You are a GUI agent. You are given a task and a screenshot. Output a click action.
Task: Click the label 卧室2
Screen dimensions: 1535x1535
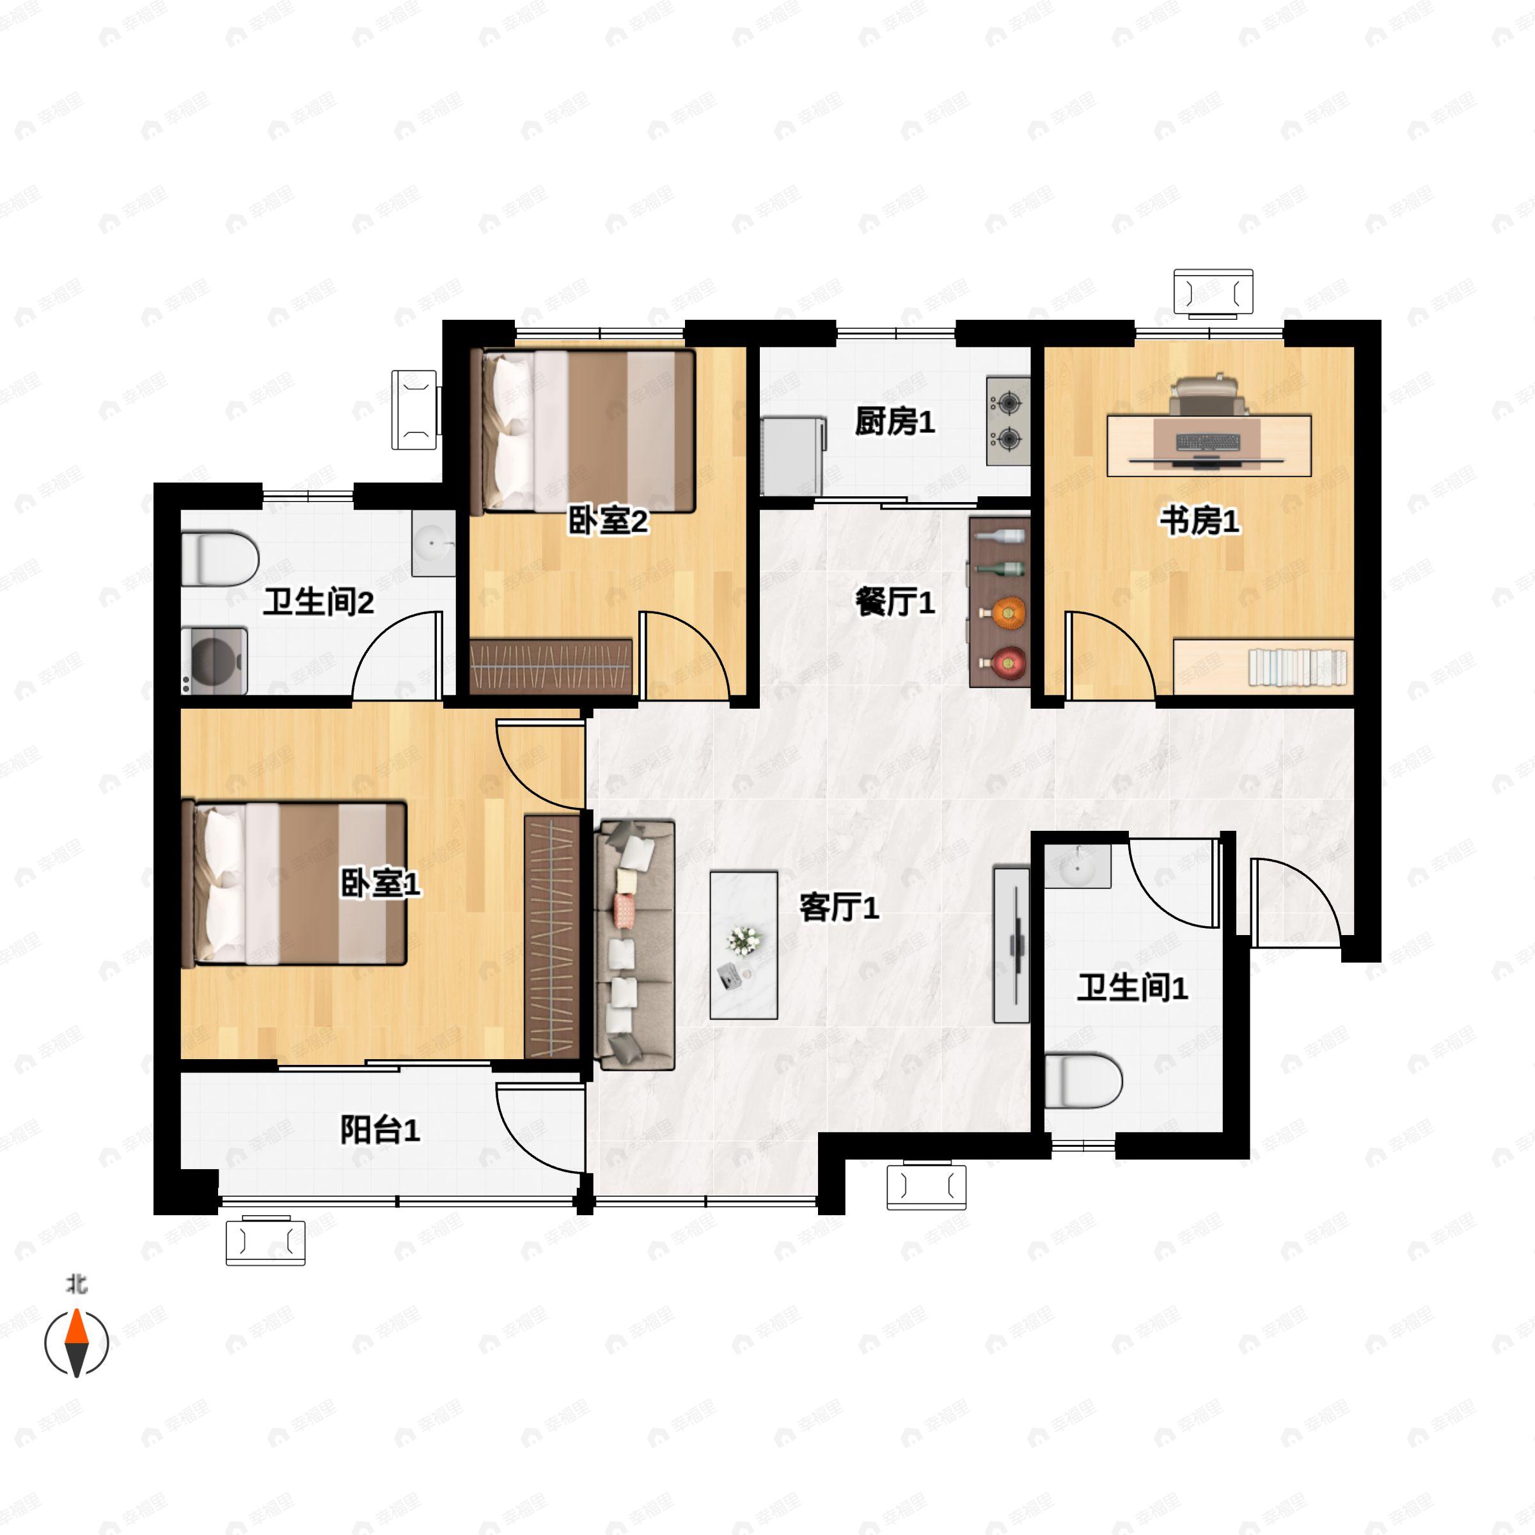pyautogui.click(x=608, y=521)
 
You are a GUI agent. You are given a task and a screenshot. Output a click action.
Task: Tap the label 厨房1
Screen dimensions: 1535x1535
pyautogui.click(x=895, y=422)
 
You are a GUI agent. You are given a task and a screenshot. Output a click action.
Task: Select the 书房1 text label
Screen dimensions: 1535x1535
pyautogui.click(x=1199, y=521)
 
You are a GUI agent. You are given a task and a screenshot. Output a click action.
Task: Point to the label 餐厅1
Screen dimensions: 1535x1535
pyautogui.click(x=895, y=602)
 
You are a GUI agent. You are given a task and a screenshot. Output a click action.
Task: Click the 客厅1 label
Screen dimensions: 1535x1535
pyautogui.click(x=839, y=908)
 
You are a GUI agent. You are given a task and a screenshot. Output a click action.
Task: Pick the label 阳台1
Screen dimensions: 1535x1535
pyautogui.click(x=380, y=1130)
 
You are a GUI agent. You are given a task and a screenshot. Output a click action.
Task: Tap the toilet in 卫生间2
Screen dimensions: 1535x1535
pyautogui.click(x=220, y=558)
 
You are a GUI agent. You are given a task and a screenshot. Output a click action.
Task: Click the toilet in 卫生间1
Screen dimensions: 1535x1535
pyautogui.click(x=1082, y=1080)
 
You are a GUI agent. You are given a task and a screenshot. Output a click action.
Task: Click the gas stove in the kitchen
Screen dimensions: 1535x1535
pyautogui.click(x=1008, y=421)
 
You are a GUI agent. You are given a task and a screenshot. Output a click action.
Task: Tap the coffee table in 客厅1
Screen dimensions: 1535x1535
pyautogui.click(x=743, y=945)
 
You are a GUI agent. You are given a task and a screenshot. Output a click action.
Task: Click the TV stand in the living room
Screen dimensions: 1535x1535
pyautogui.click(x=1011, y=945)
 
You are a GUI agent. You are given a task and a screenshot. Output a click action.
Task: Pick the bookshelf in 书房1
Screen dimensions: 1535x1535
pyautogui.click(x=1263, y=666)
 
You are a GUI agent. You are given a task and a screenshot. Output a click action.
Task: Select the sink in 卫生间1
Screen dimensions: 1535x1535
pyautogui.click(x=1076, y=866)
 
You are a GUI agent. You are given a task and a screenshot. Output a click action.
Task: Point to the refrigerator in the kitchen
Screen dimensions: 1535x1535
pyautogui.click(x=792, y=457)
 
